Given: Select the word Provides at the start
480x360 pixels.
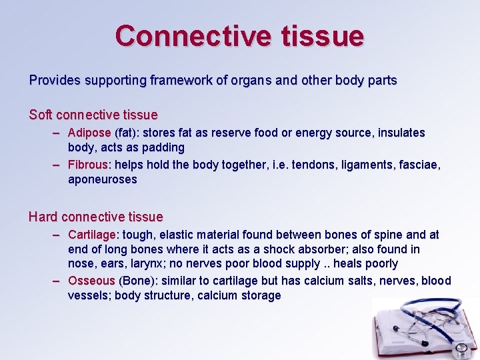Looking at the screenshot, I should pyautogui.click(x=53, y=81).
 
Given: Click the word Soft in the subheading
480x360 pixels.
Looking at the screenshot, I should pyautogui.click(x=40, y=115).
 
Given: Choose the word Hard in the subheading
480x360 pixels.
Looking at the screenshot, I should pyautogui.click(x=43, y=217).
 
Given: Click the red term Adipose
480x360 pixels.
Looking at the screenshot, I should pyautogui.click(x=89, y=133).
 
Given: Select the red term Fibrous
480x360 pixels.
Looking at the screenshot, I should pyautogui.click(x=88, y=165).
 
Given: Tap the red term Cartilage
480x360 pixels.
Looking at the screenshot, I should pyautogui.click(x=92, y=235).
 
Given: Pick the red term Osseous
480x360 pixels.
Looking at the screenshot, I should pyautogui.click(x=91, y=281).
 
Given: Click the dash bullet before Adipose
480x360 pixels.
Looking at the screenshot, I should pyautogui.click(x=58, y=133).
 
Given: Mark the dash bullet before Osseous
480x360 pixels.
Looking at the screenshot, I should pyautogui.click(x=58, y=281).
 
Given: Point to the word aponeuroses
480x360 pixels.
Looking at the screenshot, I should pyautogui.click(x=102, y=179).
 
